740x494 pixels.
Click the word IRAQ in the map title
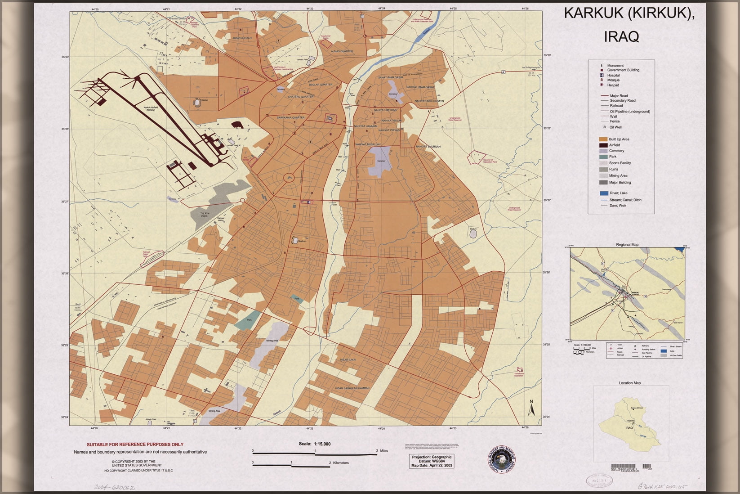621,36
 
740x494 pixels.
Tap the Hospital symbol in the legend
602,75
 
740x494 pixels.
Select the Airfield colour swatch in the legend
603,145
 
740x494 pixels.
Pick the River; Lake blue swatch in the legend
603,193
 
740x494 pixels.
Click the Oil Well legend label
615,127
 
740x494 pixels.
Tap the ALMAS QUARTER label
342,51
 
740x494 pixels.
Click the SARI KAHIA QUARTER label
291,117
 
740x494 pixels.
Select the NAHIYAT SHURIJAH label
428,147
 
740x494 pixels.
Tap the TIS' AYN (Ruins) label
205,215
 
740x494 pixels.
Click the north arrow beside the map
531,408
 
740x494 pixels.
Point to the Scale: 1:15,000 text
315,444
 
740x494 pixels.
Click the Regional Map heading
627,245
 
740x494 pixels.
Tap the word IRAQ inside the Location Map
629,428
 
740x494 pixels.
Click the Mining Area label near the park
272,341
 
